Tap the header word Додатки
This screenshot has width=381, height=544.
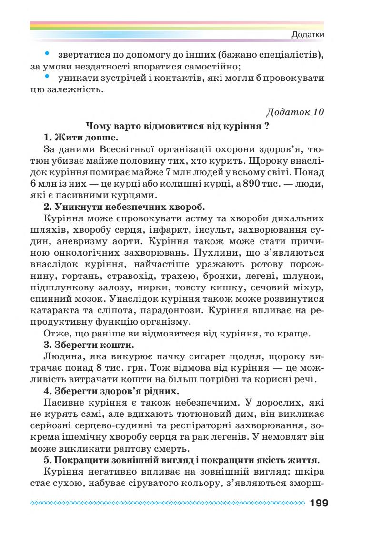(x=308, y=35)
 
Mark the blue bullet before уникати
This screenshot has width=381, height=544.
(x=47, y=76)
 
